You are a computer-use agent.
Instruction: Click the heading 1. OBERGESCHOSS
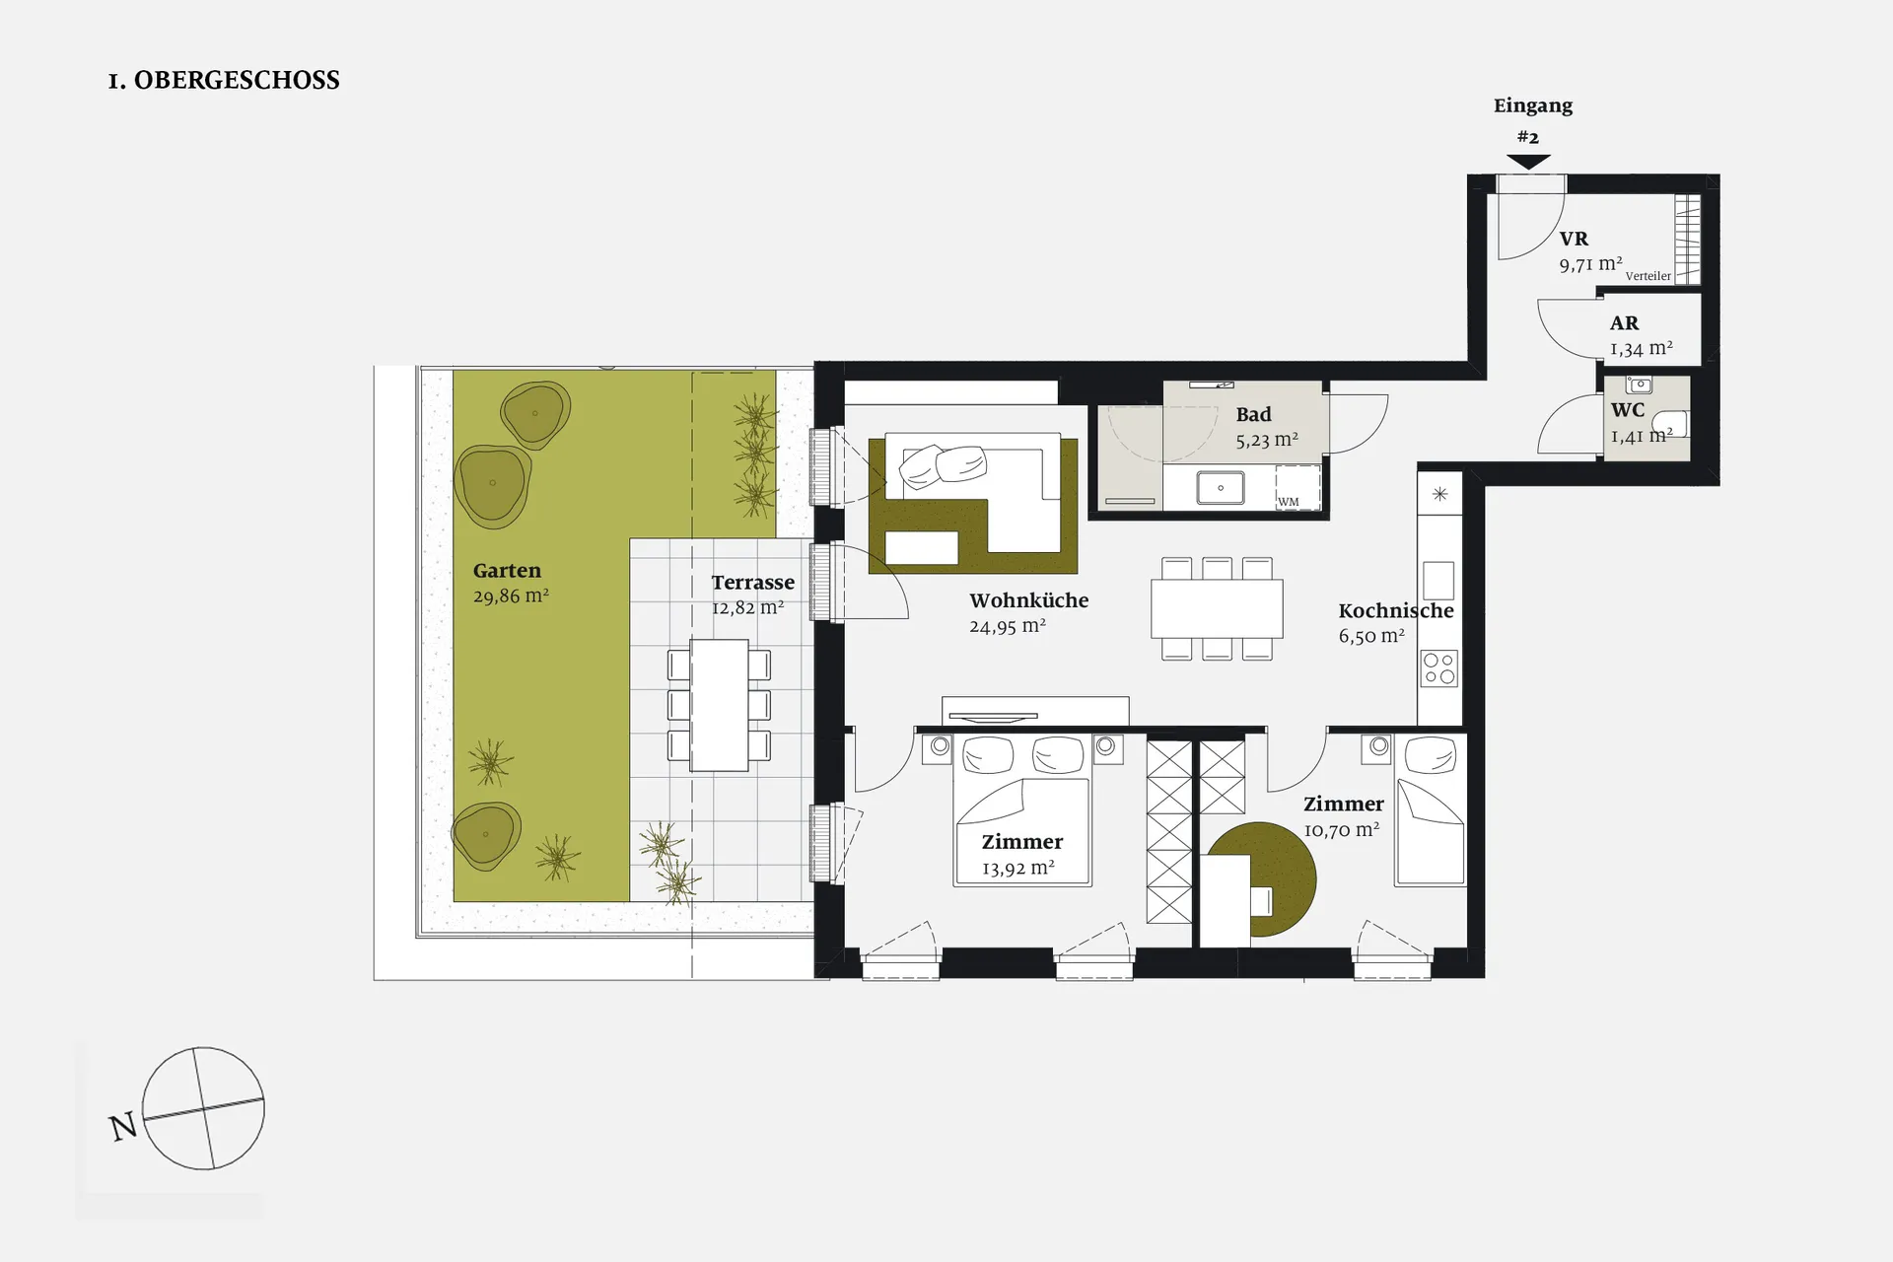click(224, 81)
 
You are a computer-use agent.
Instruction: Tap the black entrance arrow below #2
click(1528, 162)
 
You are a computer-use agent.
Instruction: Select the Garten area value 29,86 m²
click(511, 596)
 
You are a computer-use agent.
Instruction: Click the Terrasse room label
click(753, 582)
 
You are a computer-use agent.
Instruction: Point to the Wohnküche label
click(1029, 600)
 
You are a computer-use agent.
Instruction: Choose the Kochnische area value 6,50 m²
click(1371, 636)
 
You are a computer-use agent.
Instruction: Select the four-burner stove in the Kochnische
click(1439, 668)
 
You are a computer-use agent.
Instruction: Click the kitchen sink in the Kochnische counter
click(1438, 581)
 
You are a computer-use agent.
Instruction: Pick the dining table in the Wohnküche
click(1217, 608)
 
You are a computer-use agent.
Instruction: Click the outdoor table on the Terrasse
click(719, 705)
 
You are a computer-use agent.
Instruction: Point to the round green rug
click(1262, 879)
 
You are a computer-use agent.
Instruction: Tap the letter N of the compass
click(123, 1127)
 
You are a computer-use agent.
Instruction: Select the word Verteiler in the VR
click(1648, 276)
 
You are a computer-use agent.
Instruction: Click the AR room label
click(1625, 323)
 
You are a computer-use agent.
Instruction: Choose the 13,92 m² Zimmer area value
click(1018, 868)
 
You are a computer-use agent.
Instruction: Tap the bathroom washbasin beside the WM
click(1221, 488)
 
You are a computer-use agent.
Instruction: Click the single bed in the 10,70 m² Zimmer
click(1430, 809)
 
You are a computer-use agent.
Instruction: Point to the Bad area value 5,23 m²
click(1267, 440)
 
